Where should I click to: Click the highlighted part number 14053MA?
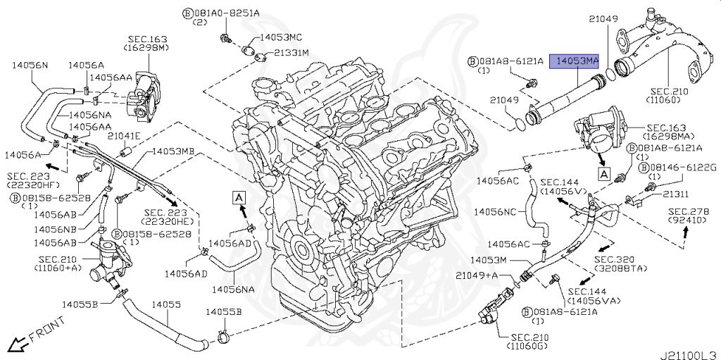574,62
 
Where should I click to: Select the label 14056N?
30,66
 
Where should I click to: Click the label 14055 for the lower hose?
169,305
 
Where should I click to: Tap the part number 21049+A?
478,274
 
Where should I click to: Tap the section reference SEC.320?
623,259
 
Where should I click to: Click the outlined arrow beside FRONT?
16,344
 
